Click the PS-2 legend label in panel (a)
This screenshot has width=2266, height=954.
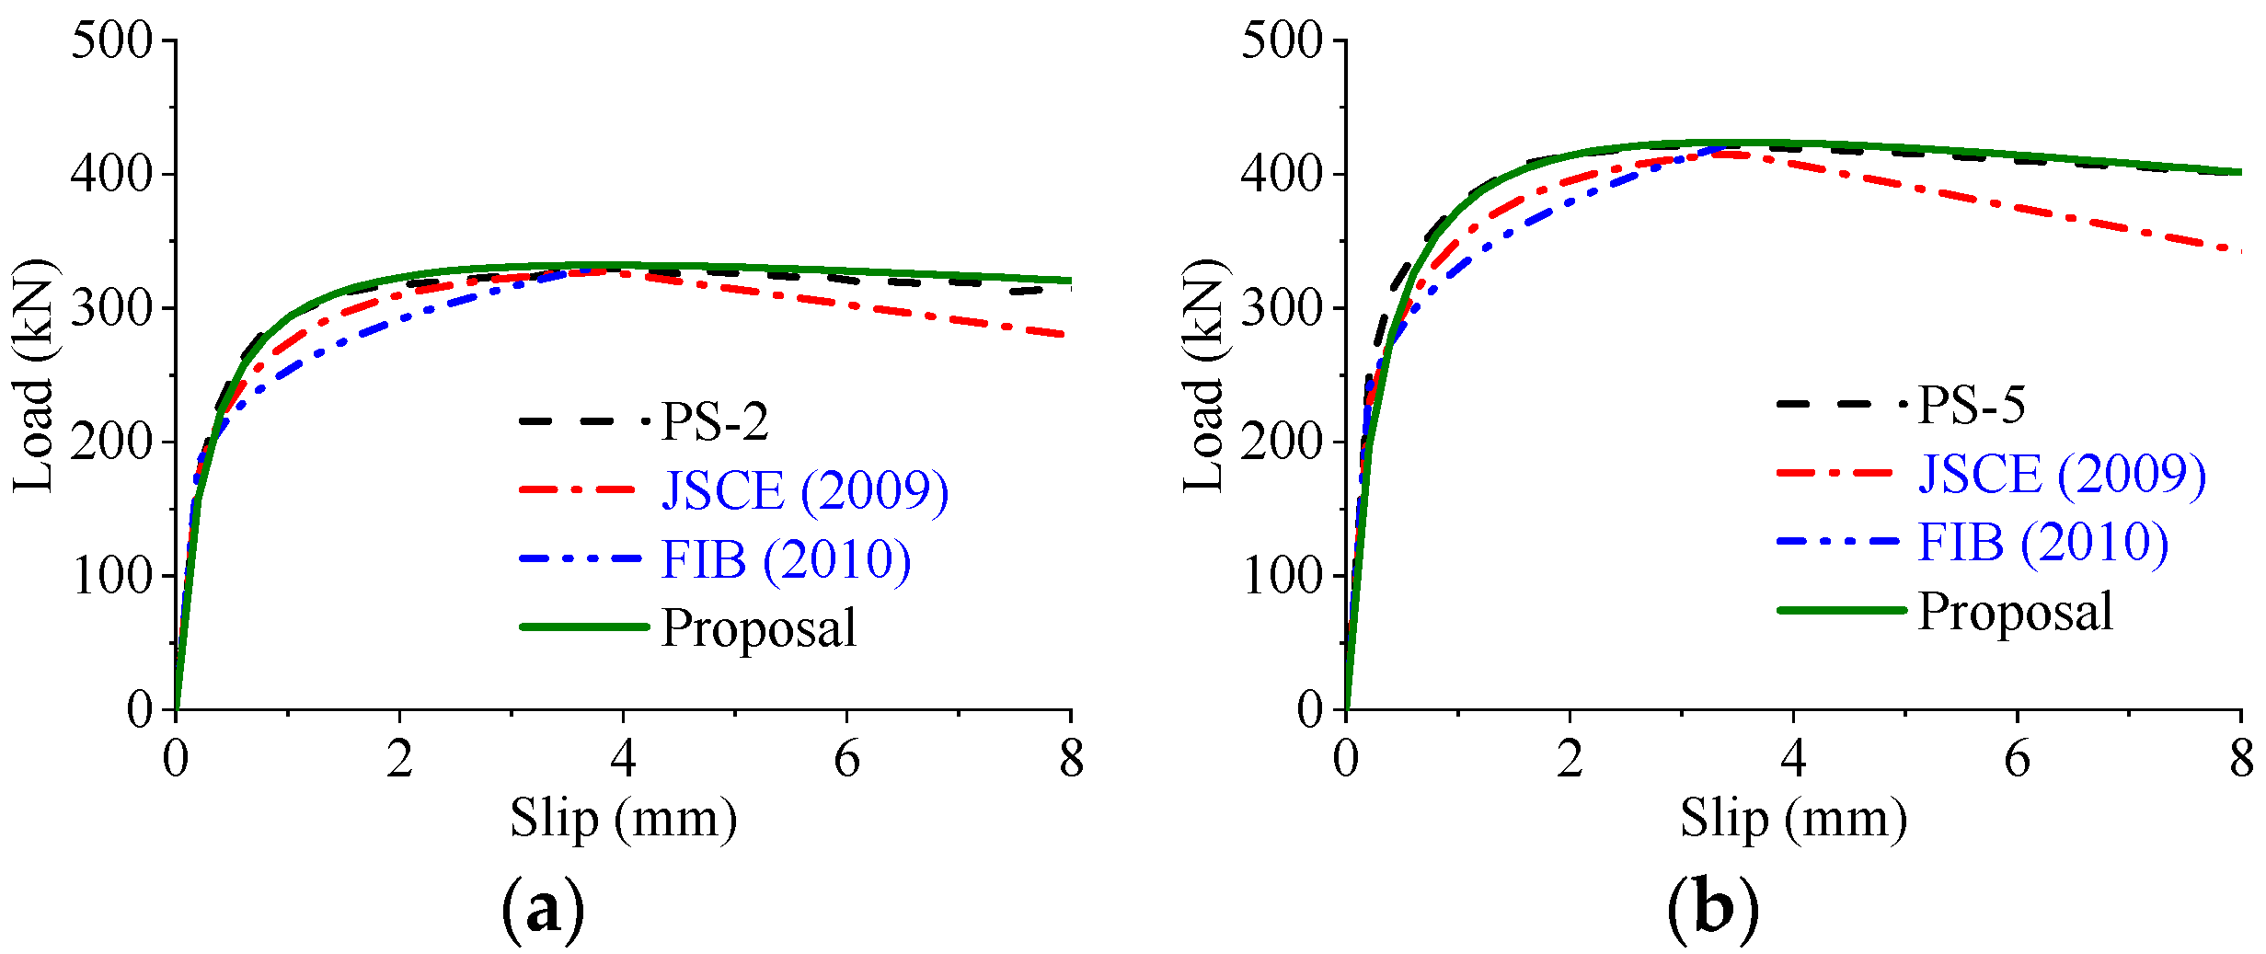click(x=715, y=421)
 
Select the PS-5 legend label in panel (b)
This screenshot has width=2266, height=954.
click(x=1971, y=404)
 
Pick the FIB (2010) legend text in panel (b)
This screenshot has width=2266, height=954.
click(x=2042, y=542)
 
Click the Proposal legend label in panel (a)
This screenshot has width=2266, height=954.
click(x=759, y=628)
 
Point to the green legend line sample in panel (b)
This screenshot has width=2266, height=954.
click(x=1841, y=610)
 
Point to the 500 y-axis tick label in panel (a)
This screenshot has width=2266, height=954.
click(x=111, y=40)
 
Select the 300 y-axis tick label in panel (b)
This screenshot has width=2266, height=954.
click(x=1281, y=308)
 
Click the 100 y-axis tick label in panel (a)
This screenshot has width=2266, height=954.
click(x=111, y=577)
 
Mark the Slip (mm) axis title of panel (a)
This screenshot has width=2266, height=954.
click(x=624, y=818)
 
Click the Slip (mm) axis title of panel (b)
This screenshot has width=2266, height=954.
click(x=1793, y=818)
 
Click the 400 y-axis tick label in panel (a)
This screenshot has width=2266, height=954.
click(x=111, y=174)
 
